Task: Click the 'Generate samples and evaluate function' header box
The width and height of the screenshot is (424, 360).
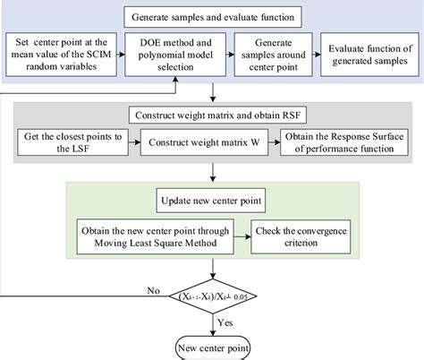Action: pos(211,15)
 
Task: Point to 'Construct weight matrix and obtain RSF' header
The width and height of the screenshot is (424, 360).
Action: pos(212,116)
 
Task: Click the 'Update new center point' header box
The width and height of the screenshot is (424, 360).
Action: pos(212,195)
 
